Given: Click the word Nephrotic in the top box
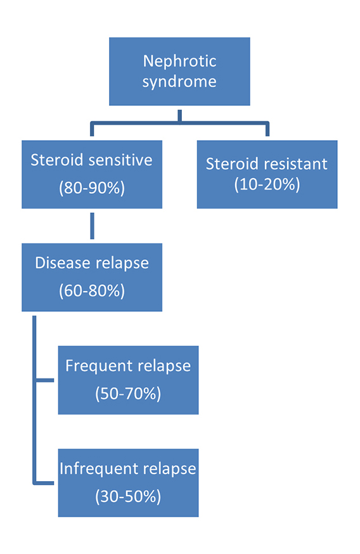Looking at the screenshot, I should (x=179, y=61).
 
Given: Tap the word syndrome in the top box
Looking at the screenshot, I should (x=179, y=82).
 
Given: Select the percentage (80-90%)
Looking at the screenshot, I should (x=91, y=188).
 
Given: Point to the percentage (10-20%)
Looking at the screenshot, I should (x=267, y=184).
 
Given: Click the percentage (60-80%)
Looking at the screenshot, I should (x=91, y=291).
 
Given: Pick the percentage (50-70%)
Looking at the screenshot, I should (x=128, y=394).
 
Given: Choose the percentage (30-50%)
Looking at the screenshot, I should (x=128, y=496).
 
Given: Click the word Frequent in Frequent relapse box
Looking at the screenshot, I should (x=95, y=366).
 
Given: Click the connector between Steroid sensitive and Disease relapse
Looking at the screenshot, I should (x=93, y=226).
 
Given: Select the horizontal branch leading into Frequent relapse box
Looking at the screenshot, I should (x=46, y=381).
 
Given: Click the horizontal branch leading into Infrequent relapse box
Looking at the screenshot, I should (x=46, y=483).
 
